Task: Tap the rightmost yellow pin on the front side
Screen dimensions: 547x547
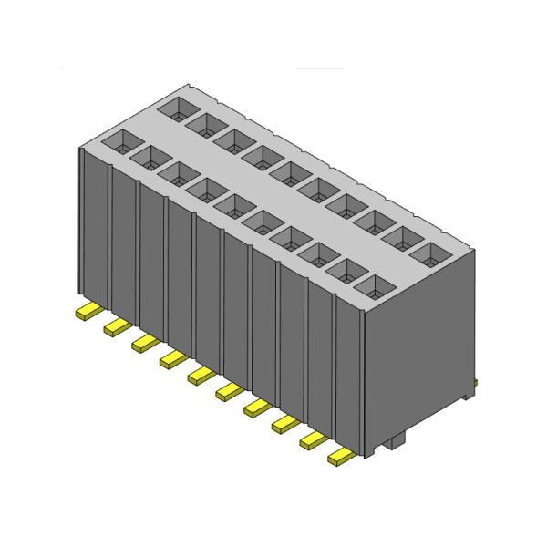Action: pos(341,456)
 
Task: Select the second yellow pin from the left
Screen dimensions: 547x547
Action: pos(115,326)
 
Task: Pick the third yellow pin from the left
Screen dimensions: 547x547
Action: pos(143,343)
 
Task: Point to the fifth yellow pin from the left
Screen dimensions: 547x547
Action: pos(200,375)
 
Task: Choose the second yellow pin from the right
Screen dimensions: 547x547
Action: pos(313,440)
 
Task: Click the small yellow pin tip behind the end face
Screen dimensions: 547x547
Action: pos(475,381)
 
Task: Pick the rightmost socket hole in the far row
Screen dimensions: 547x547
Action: pos(428,253)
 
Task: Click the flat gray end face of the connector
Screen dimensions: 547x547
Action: pos(419,365)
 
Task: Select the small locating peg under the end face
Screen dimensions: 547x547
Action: pos(394,445)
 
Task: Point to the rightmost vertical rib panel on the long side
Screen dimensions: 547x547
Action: pos(348,374)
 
